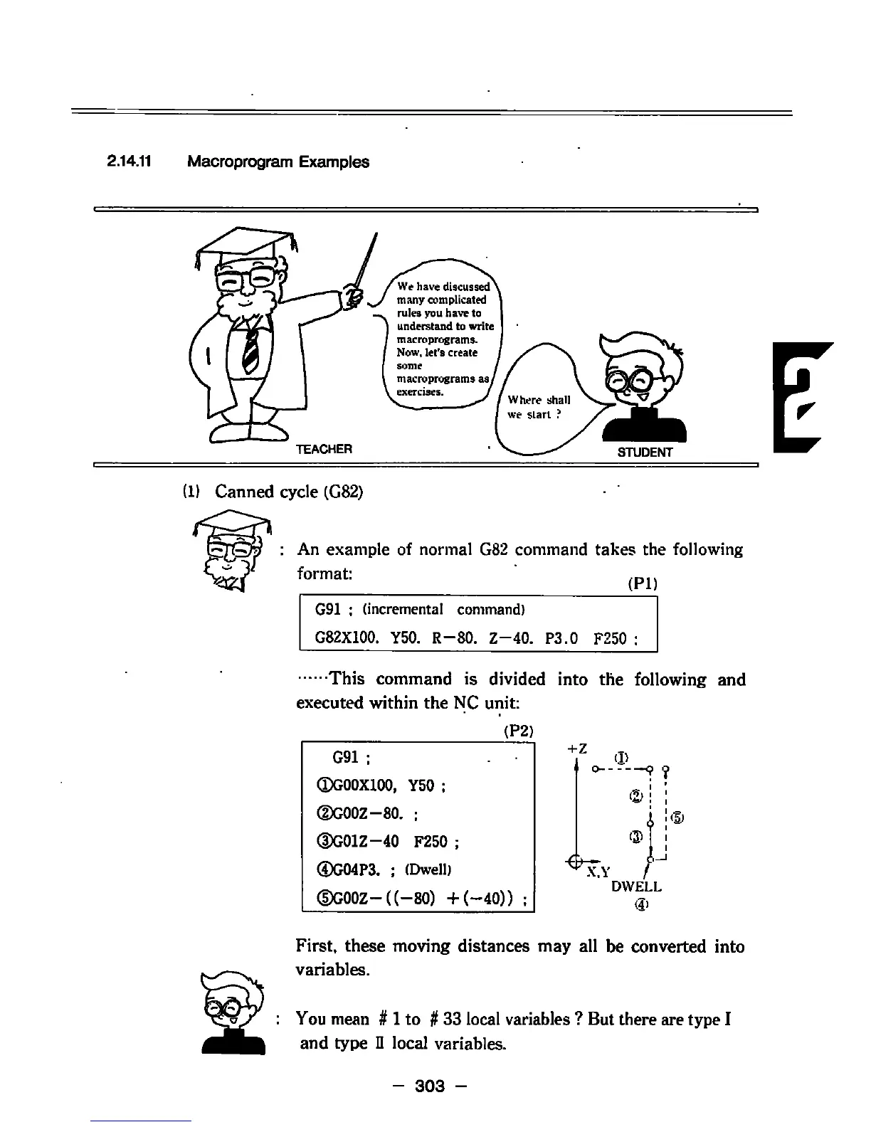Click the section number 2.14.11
tap(128, 162)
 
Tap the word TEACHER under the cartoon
tap(324, 449)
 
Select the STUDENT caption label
tap(644, 452)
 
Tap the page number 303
tap(430, 1086)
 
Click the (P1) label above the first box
tap(643, 584)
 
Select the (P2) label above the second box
tap(518, 731)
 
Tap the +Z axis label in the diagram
tap(576, 748)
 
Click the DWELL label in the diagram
tap(636, 887)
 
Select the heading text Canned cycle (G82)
tap(289, 492)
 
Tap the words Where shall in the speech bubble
tap(539, 400)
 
